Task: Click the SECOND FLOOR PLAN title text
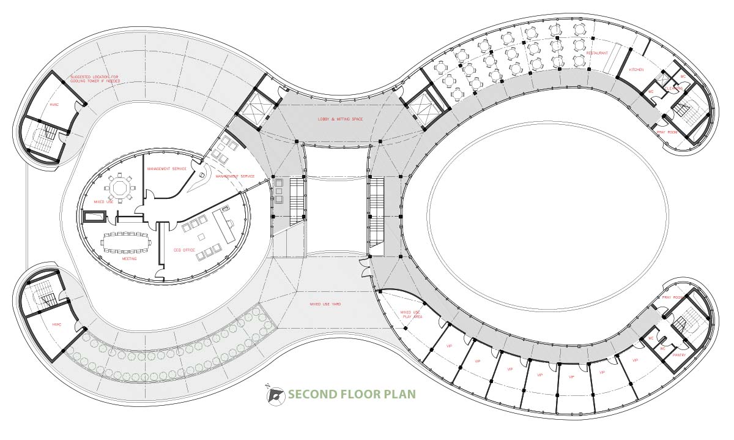(352, 393)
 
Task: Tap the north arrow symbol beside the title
(275, 395)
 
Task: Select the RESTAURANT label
(597, 53)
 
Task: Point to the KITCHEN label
(636, 70)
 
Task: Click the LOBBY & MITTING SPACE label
(340, 119)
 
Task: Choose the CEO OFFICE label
(184, 250)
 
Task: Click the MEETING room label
(129, 259)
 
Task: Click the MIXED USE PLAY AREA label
(410, 315)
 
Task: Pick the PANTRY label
(679, 355)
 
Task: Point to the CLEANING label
(674, 88)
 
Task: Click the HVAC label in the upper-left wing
(53, 105)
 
